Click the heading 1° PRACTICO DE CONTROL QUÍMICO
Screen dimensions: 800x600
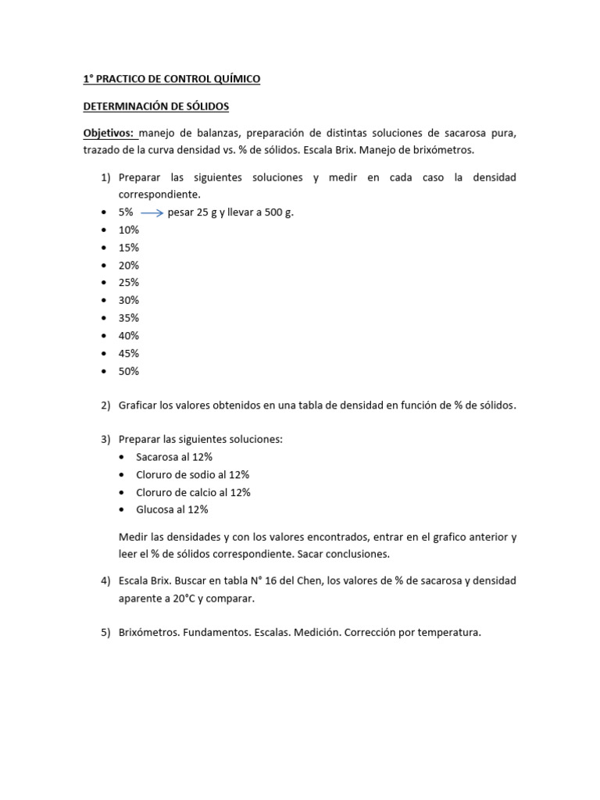coord(172,79)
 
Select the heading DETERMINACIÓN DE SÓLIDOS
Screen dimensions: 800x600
coord(155,106)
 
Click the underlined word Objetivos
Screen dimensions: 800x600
coord(109,134)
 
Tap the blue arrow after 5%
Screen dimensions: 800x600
coord(151,212)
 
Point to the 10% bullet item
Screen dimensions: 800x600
coord(129,230)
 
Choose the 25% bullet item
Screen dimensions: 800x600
coord(129,282)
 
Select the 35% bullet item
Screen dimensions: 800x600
coord(129,318)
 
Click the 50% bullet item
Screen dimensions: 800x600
coord(129,371)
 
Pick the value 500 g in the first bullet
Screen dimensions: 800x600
coord(277,212)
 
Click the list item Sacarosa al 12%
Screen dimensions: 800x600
coord(173,457)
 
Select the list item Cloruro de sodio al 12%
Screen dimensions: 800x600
coord(192,475)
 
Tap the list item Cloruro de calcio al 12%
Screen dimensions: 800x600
coord(193,492)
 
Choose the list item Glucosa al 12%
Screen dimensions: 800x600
coord(172,509)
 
